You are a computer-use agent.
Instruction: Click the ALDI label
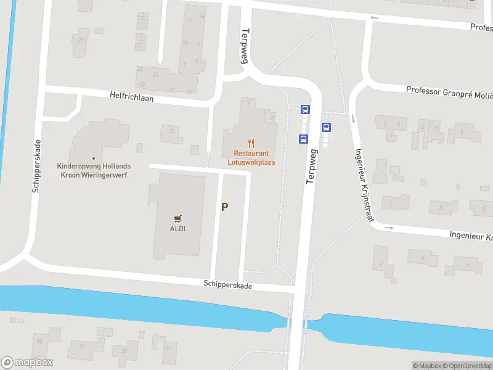[x=178, y=228]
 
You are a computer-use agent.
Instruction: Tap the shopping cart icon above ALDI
[x=178, y=218]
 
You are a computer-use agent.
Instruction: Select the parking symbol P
[x=225, y=207]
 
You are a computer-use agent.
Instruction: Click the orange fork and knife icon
[x=251, y=142]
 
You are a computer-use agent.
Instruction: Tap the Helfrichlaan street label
[x=131, y=97]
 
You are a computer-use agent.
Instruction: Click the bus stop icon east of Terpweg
[x=327, y=128]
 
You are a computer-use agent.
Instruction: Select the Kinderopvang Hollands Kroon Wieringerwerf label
[x=93, y=170]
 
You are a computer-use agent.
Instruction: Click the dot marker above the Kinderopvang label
[x=93, y=158]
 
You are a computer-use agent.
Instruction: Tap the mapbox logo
[x=27, y=363]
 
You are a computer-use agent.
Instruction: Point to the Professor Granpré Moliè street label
[x=449, y=91]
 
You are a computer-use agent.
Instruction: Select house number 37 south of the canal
[x=81, y=346]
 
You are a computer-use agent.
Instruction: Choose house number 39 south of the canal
[x=124, y=350]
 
